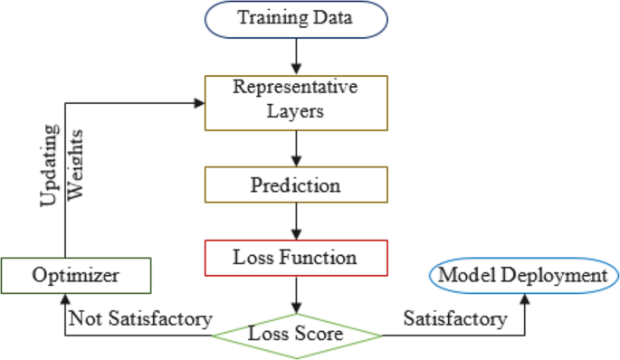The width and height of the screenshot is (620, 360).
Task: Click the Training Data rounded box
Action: [x=295, y=19]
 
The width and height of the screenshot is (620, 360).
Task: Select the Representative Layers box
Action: [x=295, y=101]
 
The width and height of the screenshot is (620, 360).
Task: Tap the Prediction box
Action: [x=295, y=186]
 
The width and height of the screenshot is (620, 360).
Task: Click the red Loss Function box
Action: [x=295, y=257]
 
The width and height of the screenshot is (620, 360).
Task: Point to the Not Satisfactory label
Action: [x=139, y=318]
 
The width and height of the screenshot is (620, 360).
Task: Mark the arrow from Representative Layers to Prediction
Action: [x=295, y=147]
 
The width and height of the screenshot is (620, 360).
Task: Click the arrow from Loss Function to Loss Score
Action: [x=295, y=293]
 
